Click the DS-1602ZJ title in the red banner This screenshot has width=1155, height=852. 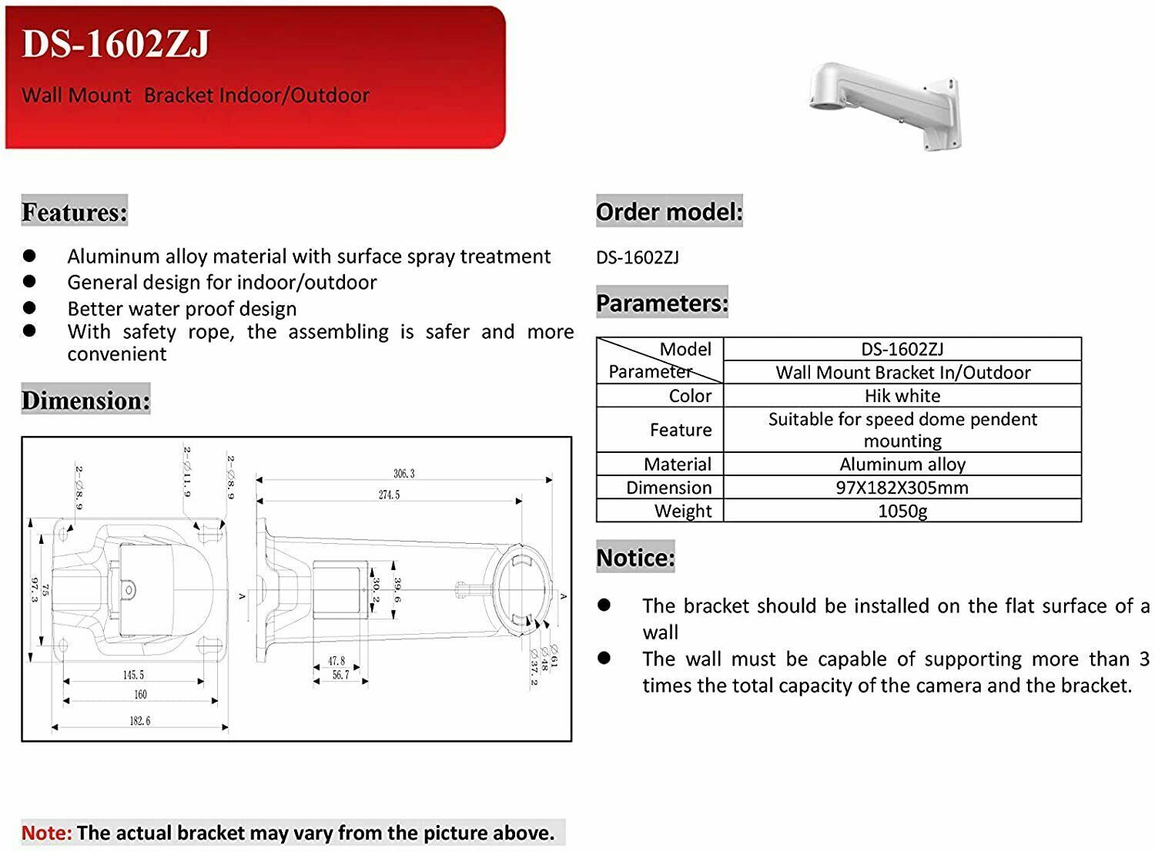coord(115,44)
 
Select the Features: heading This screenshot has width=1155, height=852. coord(75,211)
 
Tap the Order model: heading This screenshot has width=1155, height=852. coord(669,211)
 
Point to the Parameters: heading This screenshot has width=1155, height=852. coord(662,303)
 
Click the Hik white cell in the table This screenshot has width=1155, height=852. coord(902,396)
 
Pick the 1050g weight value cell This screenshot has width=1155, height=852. coord(902,511)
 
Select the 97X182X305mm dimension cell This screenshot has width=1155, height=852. coord(902,488)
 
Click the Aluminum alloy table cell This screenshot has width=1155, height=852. coord(902,465)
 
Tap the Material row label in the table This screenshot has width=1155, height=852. coord(678,465)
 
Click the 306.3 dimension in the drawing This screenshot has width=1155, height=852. coord(403,473)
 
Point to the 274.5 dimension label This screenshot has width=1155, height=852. coord(389,495)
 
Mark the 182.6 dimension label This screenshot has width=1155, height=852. coord(139,721)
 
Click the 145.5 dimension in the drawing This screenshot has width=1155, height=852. coord(133,675)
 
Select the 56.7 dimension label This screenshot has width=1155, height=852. coord(340,675)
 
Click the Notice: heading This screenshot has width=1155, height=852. coord(635,557)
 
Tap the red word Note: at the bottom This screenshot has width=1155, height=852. coord(47,833)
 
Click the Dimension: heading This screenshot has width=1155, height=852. coord(85,401)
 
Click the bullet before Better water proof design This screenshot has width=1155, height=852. coord(30,307)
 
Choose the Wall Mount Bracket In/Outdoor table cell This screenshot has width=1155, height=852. coord(902,373)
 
